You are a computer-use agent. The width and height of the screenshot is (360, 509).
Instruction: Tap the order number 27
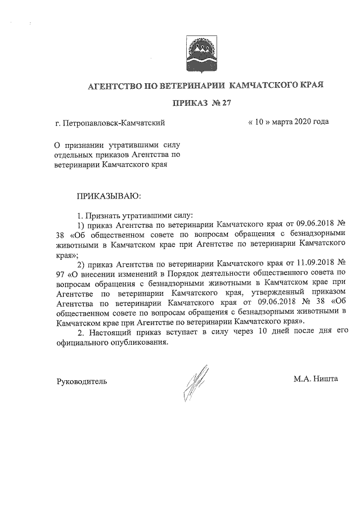click(x=227, y=103)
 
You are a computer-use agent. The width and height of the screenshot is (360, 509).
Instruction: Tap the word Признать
click(x=101, y=215)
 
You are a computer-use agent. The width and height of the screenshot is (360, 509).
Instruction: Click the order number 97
click(x=61, y=274)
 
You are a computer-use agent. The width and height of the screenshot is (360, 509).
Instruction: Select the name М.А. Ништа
click(x=316, y=380)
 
